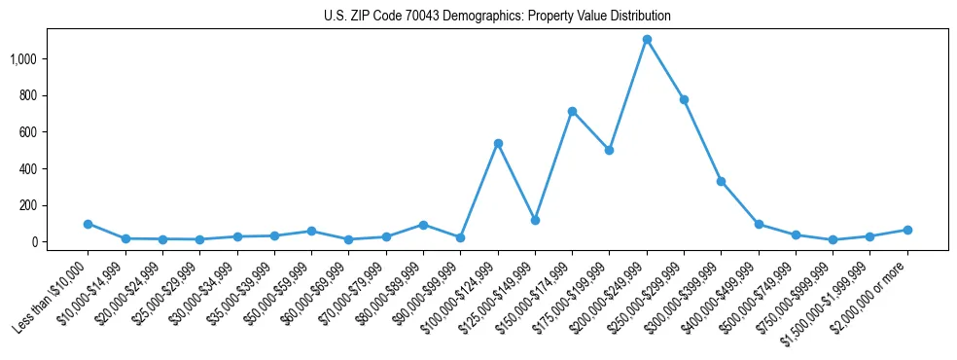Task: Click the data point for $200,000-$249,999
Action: pos(647,39)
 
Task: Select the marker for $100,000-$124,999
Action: pos(498,143)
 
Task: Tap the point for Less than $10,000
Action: pos(88,224)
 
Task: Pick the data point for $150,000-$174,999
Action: pos(572,111)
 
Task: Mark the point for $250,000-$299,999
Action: pos(684,99)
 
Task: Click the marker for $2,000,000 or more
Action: pos(907,230)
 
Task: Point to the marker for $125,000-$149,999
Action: pos(535,220)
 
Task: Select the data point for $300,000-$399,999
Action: pos(721,181)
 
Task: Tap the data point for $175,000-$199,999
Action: pos(609,150)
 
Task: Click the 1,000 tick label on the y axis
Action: pos(23,59)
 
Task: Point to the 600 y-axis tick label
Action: pos(28,132)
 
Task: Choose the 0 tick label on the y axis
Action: pos(34,242)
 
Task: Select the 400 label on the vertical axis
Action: pos(28,169)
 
